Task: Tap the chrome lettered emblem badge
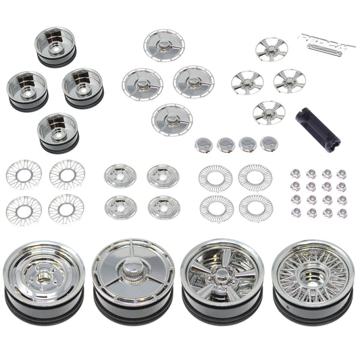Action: pos(326,40)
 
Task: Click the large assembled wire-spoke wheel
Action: pos(313,274)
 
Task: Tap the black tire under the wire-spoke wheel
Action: pos(313,313)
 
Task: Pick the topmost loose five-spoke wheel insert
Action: pos(272,49)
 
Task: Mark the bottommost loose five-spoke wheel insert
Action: pos(269,112)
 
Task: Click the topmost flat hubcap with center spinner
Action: pos(164,45)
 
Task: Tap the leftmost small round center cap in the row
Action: pos(203,144)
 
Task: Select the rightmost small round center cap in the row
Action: pos(269,143)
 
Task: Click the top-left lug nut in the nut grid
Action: pos(296,174)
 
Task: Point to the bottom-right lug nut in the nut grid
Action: pos(342,213)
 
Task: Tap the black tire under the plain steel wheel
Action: pos(44,312)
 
